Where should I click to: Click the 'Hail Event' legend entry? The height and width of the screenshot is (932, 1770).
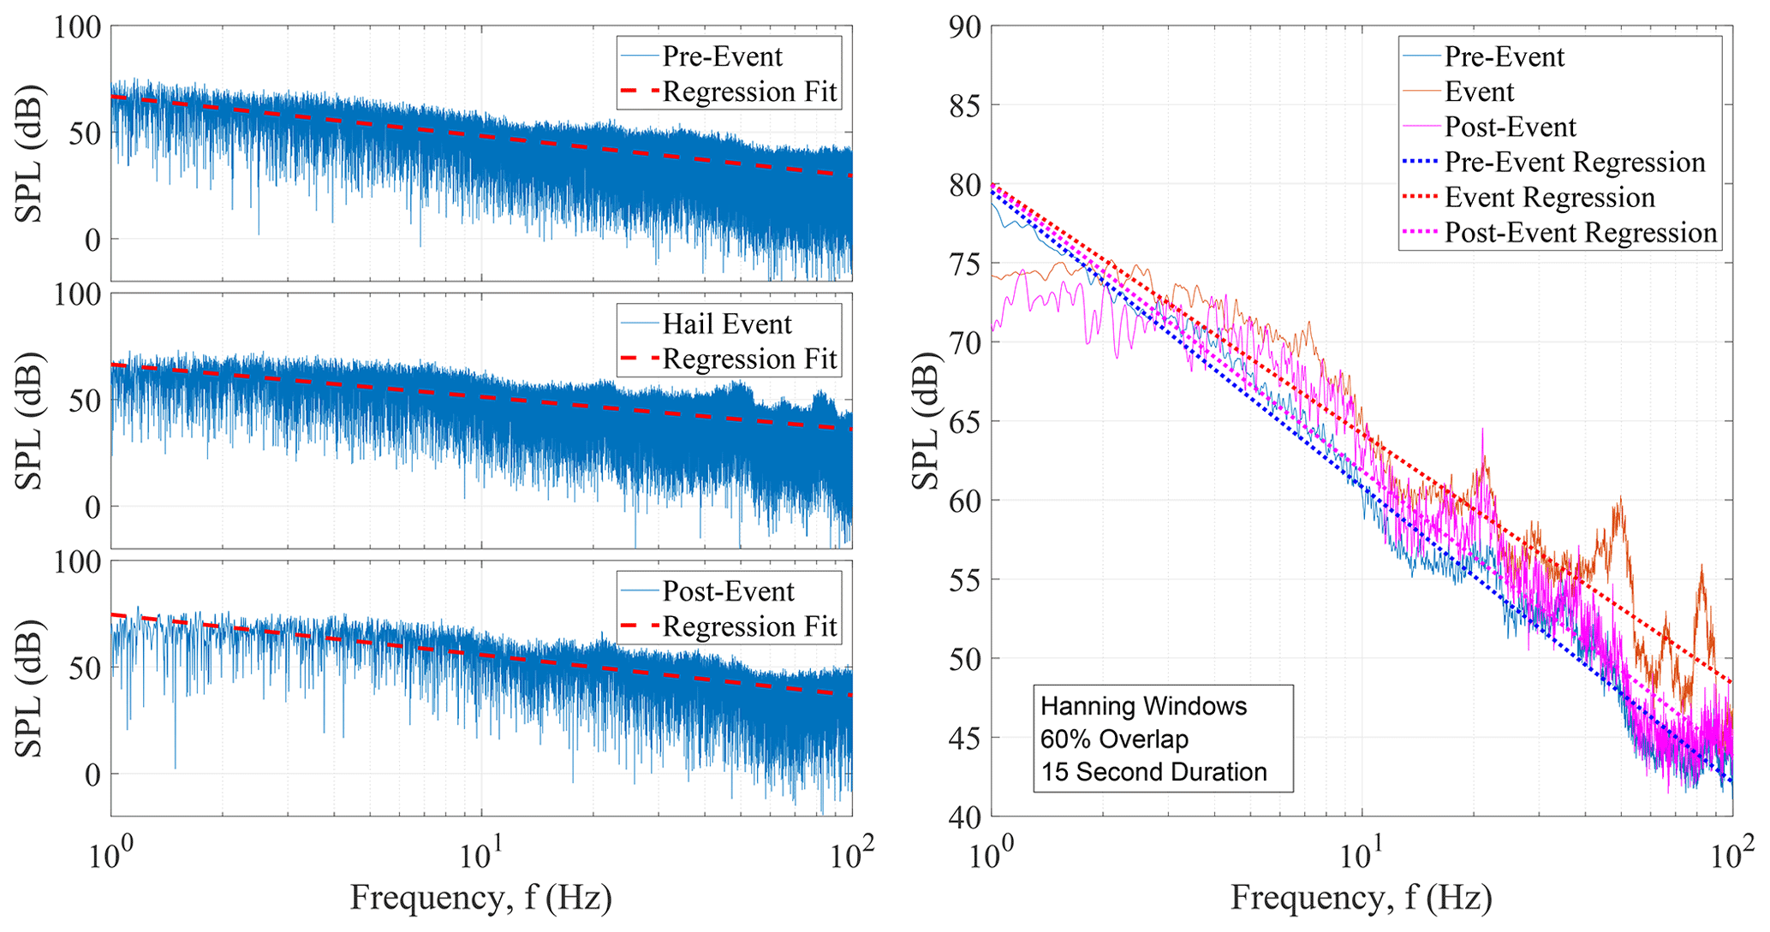pyautogui.click(x=727, y=324)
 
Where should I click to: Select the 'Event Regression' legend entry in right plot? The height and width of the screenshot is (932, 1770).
pyautogui.click(x=1549, y=198)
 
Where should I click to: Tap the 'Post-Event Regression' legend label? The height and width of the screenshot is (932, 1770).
pyautogui.click(x=1581, y=233)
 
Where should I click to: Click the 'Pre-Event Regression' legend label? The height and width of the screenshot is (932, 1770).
pyautogui.click(x=1575, y=163)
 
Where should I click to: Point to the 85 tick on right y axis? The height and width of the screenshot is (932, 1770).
pyautogui.click(x=966, y=106)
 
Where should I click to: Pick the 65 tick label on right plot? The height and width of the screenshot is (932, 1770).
pyautogui.click(x=966, y=422)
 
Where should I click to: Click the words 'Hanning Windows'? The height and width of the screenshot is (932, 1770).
pyautogui.click(x=1143, y=707)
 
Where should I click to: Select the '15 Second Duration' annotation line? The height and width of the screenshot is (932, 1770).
pyautogui.click(x=1153, y=773)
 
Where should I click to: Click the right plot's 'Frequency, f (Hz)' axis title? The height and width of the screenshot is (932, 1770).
pyautogui.click(x=1362, y=898)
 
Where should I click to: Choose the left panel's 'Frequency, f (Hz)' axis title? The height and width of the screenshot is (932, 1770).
pyautogui.click(x=481, y=898)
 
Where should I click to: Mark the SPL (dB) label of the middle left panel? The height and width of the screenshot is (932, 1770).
pyautogui.click(x=31, y=421)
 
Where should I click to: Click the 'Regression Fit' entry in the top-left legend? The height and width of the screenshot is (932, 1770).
pyautogui.click(x=749, y=92)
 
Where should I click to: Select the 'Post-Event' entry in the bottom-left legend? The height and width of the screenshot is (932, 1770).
pyautogui.click(x=728, y=591)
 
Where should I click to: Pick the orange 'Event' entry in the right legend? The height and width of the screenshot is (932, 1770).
pyautogui.click(x=1479, y=92)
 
